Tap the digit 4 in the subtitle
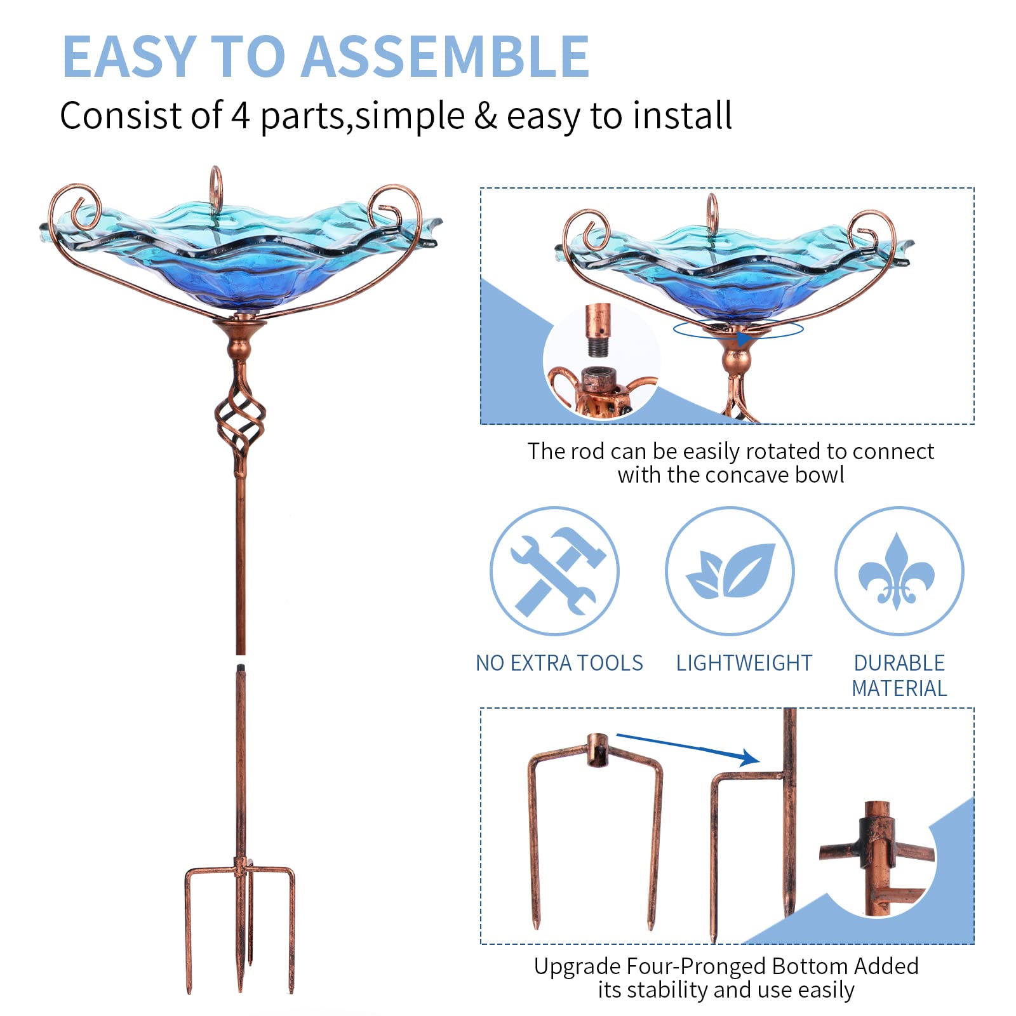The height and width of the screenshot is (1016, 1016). coord(240,116)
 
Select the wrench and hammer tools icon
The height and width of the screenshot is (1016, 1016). coord(554,571)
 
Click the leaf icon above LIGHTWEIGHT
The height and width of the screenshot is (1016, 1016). coord(730,571)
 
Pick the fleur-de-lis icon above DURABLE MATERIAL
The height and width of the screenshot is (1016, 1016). coord(898,571)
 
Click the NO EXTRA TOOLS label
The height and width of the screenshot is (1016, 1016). coord(559,663)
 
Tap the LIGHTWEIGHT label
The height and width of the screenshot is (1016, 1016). coord(744,663)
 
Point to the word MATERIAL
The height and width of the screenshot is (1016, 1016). coord(899,688)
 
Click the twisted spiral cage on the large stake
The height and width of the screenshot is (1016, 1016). coord(240,419)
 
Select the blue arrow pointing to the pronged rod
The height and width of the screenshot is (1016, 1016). coord(689,747)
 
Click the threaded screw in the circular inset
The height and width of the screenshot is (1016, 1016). coord(596,346)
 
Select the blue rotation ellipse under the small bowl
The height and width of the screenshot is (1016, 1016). coord(738,330)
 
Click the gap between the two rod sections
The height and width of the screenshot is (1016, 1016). coord(240,660)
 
